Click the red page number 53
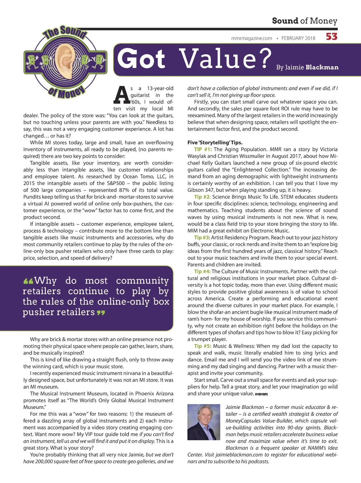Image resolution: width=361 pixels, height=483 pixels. pyautogui.click(x=332, y=37)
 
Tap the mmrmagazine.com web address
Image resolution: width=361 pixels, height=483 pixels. pyautogui.click(x=251, y=38)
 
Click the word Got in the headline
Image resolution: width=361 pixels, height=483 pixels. pyautogui.click(x=141, y=59)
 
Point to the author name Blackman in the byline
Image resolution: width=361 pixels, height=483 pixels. pyautogui.click(x=322, y=67)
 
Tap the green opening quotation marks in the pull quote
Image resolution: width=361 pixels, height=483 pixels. pyautogui.click(x=28, y=281)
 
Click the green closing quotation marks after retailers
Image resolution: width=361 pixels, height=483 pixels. pyautogui.click(x=101, y=313)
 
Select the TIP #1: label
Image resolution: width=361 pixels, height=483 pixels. pyautogui.click(x=203, y=149)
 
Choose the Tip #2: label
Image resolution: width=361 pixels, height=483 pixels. pyautogui.click(x=202, y=197)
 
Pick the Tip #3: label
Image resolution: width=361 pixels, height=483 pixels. pyautogui.click(x=202, y=238)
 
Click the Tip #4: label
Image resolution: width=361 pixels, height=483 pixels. pyautogui.click(x=202, y=271)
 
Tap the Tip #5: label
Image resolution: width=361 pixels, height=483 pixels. pyautogui.click(x=202, y=346)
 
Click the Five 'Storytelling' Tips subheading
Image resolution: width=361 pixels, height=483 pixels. pyautogui.click(x=215, y=142)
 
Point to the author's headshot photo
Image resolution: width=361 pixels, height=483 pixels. pyautogui.click(x=204, y=422)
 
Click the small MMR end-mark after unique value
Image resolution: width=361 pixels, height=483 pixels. pyautogui.click(x=261, y=394)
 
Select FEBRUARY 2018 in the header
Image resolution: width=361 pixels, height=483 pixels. pyautogui.click(x=298, y=38)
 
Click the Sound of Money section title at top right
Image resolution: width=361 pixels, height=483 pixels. pyautogui.click(x=304, y=21)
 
